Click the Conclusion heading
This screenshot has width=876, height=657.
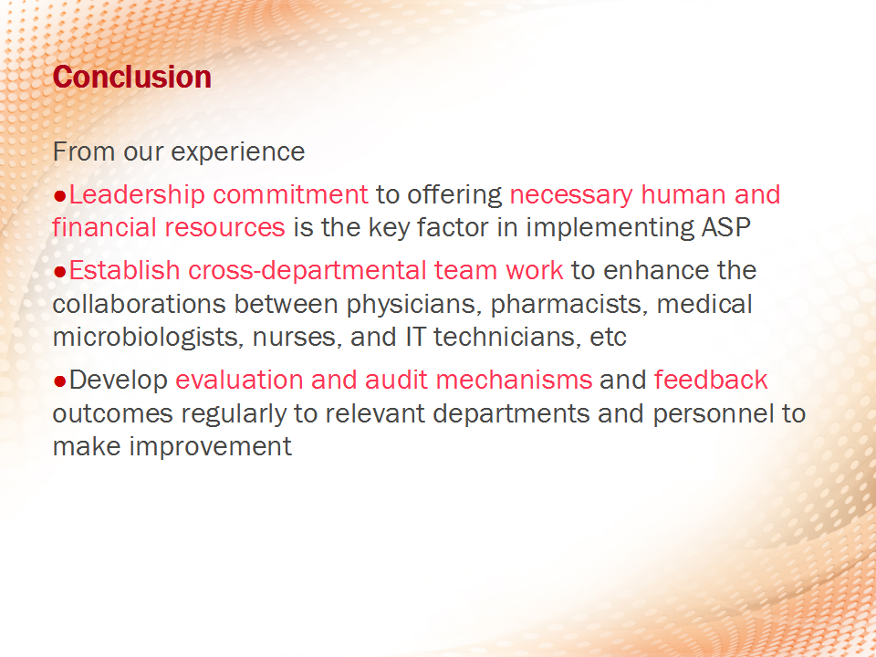pos(131,77)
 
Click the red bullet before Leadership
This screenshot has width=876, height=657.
pos(60,196)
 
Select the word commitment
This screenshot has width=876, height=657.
pos(290,194)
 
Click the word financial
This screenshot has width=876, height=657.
pos(104,227)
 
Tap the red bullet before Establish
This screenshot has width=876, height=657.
pos(60,272)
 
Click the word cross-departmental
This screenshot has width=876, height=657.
pos(308,270)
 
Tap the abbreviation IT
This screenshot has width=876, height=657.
pos(415,338)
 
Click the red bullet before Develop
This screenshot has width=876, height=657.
pos(60,381)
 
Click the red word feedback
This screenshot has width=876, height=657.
pos(711,380)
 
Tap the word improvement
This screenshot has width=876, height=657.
pos(211,447)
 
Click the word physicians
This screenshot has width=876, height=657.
pos(414,305)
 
